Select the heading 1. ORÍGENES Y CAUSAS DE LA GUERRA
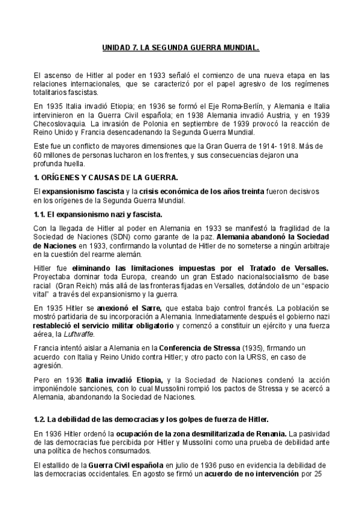click(105, 178)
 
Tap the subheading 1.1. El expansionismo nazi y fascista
click(98, 214)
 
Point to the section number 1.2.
click(41, 418)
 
